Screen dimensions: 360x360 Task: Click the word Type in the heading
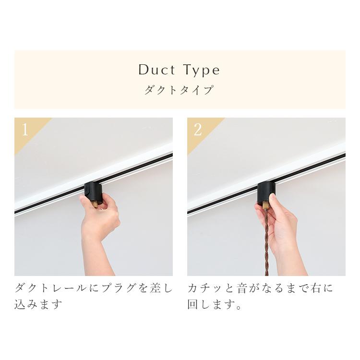[x=201, y=71]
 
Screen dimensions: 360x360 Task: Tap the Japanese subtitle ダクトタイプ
[x=179, y=90]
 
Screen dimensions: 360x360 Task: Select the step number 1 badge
[x=25, y=130]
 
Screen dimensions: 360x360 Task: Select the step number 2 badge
[x=198, y=130]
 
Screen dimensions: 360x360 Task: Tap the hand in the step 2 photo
[x=283, y=226]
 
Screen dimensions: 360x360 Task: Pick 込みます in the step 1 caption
[x=39, y=305]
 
